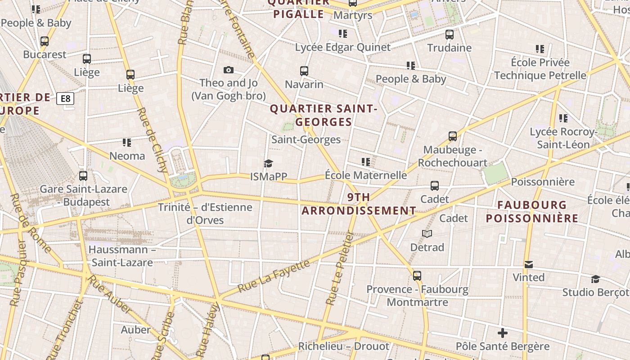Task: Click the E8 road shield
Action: pos(65,99)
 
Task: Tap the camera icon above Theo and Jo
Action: pos(229,70)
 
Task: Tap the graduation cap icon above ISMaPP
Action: pos(268,163)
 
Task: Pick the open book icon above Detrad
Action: pos(427,234)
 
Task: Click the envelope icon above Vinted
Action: pos(529,264)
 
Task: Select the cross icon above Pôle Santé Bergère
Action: pos(503,333)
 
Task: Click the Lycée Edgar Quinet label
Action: pos(343,47)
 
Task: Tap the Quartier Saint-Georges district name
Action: pos(323,115)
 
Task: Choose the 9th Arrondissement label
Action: pos(359,204)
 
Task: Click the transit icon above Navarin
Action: pos(304,71)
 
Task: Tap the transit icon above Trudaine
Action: pos(449,34)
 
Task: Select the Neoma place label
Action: pos(127,156)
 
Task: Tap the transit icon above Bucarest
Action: pos(45,41)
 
